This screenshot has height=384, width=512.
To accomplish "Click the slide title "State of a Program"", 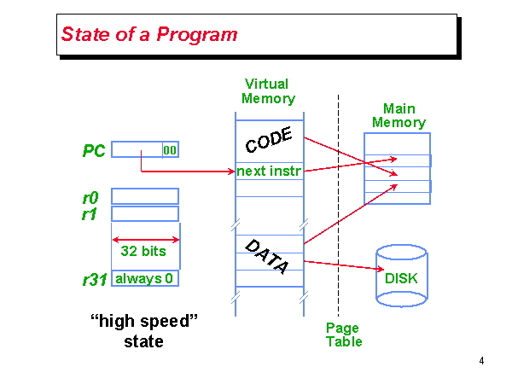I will coord(149,35).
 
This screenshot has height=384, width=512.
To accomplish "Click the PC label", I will coord(94,151).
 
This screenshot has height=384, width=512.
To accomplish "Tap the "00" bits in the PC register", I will coord(170,150).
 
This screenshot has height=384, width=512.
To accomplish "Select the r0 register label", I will coord(90,197).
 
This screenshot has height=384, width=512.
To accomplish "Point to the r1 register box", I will coord(145,213).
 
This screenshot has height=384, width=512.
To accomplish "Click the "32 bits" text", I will coord(143,252).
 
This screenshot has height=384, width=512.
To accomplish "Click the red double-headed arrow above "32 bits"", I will coord(145,240).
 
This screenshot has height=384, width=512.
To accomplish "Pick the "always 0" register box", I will coord(145,278).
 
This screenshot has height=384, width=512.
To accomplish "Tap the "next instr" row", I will coord(269,172).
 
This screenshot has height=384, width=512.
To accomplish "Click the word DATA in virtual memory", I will coord(267,256).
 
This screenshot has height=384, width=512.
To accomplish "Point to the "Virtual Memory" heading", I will coord(267,91).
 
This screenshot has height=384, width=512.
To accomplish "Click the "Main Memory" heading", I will coord(399,115).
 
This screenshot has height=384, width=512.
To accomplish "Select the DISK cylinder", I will coord(400,276).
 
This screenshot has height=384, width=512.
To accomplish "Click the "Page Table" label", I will coord(344,335).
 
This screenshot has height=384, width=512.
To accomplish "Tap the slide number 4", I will coord(481,361).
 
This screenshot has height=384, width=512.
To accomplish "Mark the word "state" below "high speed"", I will coord(143,342).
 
